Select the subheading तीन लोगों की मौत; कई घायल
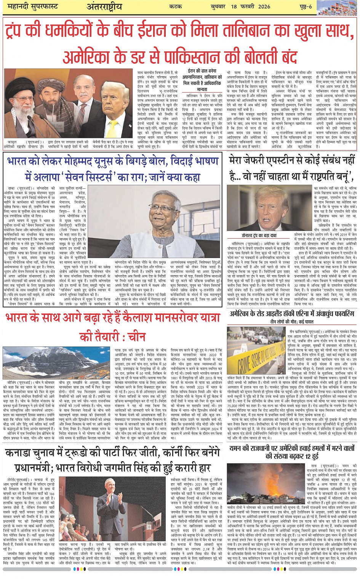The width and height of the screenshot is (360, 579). point(292,322)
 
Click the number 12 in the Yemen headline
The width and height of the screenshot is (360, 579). point(311,456)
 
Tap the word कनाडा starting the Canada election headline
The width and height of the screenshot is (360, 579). point(21,453)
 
